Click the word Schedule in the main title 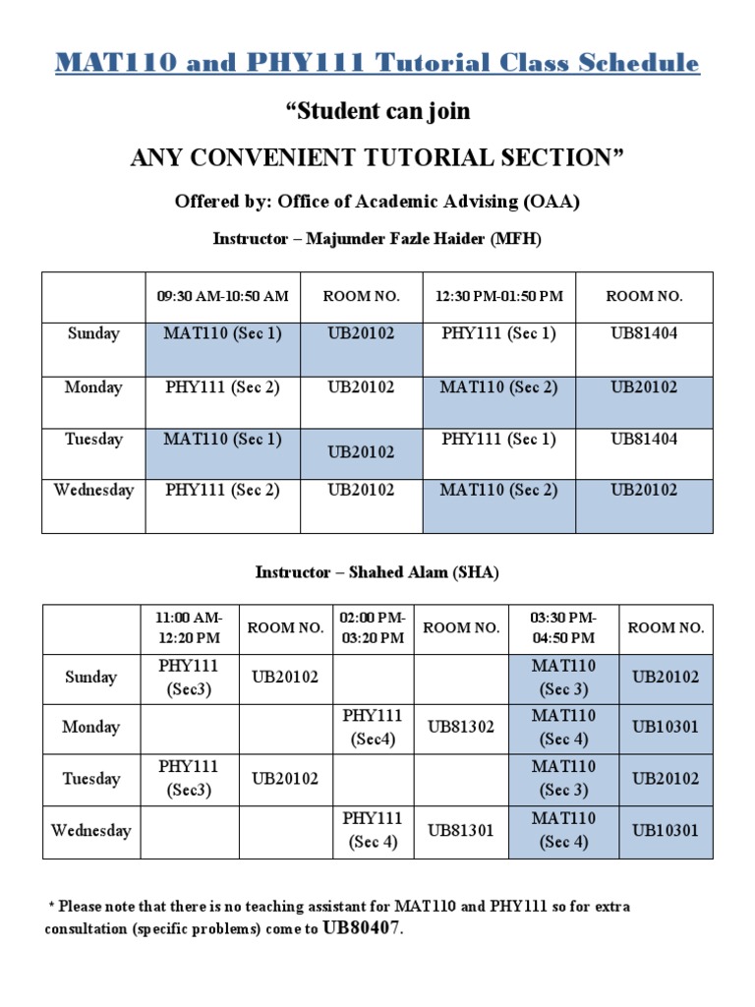point(633,63)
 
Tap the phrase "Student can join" point(377,111)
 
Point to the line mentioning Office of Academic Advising point(377,202)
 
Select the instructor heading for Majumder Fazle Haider point(377,239)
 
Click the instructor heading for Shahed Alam point(377,572)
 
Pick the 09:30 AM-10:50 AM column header point(223,296)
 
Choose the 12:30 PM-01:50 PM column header point(499,296)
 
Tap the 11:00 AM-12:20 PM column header point(189,627)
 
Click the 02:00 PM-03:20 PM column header point(373,627)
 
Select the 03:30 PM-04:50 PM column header point(564,627)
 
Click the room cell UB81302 point(461,728)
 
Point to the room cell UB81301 point(461,830)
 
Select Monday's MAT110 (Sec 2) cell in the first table point(499,387)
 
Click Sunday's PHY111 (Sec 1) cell point(499,333)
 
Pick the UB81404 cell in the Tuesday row point(644,439)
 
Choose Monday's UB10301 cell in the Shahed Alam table point(666,728)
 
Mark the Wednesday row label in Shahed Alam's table point(90,830)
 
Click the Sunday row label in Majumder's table point(93,333)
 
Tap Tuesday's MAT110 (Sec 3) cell point(564,778)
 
